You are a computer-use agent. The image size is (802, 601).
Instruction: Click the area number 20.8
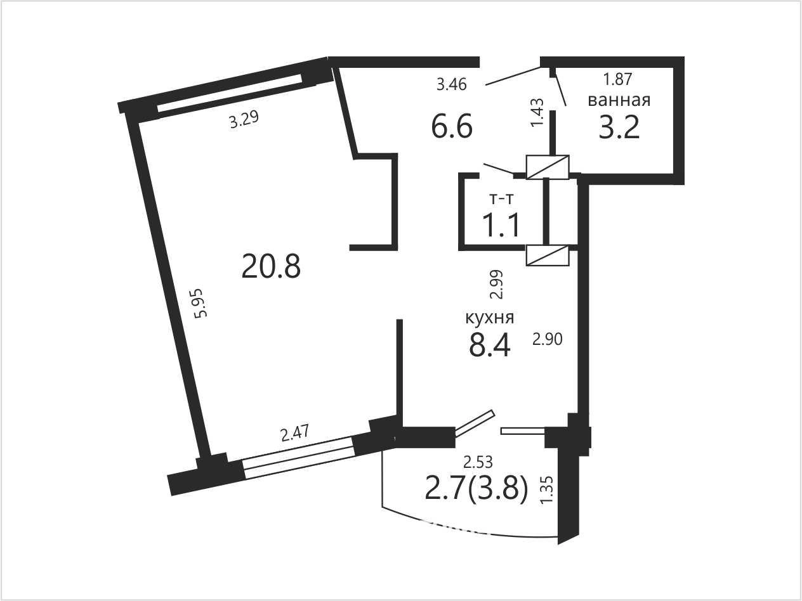pyautogui.click(x=271, y=266)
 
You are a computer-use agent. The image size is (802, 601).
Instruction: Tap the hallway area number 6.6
pyautogui.click(x=452, y=127)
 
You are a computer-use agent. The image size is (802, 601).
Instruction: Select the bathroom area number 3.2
pyautogui.click(x=619, y=127)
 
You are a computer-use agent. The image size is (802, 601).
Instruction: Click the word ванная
pyautogui.click(x=619, y=100)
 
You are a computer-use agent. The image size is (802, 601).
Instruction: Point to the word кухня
pyautogui.click(x=490, y=318)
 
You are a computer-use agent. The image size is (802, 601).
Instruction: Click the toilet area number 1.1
pyautogui.click(x=501, y=226)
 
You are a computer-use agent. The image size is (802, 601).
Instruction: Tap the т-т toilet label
pyautogui.click(x=501, y=199)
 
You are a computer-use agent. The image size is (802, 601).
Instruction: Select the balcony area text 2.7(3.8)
pyautogui.click(x=477, y=489)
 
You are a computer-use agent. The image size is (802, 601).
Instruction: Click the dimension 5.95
pyautogui.click(x=201, y=303)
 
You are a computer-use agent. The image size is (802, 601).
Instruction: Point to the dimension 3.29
pyautogui.click(x=244, y=119)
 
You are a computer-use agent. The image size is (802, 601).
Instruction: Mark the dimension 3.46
pyautogui.click(x=452, y=85)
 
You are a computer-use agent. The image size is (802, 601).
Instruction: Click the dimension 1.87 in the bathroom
pyautogui.click(x=617, y=79)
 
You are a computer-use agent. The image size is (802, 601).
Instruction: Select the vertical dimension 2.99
pyautogui.click(x=497, y=285)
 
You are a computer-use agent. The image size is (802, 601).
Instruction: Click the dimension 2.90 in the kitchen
pyautogui.click(x=548, y=340)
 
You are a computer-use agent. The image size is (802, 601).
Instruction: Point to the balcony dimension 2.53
pyautogui.click(x=478, y=463)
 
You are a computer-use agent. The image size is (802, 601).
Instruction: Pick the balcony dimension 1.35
pyautogui.click(x=548, y=490)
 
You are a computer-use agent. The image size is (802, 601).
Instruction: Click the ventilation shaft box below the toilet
pyautogui.click(x=548, y=255)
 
